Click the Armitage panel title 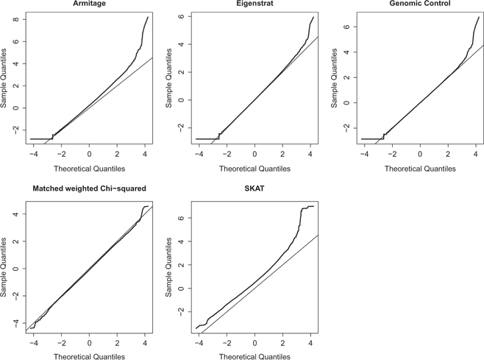click(89, 4)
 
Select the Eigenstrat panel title click(255, 4)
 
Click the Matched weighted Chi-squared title click(89, 189)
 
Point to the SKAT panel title click(255, 189)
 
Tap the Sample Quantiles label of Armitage click(4, 80)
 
